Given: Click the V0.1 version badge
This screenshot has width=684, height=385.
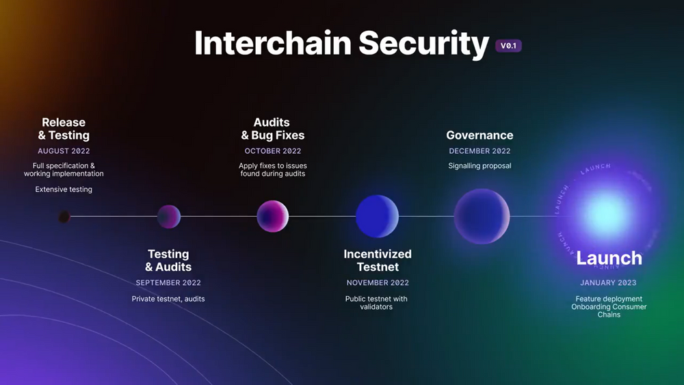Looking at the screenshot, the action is tap(508, 46).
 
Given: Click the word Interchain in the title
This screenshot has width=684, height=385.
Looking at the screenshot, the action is tap(273, 43).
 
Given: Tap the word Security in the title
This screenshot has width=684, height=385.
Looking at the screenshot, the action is tap(423, 44).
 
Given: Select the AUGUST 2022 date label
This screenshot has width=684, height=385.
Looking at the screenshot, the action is tap(64, 151).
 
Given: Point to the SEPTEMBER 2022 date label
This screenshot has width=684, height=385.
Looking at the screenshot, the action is tap(168, 282).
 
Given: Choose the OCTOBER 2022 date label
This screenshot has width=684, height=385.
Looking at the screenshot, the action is tap(273, 151).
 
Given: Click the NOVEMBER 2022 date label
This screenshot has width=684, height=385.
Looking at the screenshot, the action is tap(378, 282).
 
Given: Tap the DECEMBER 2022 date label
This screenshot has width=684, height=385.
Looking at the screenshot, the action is tap(480, 151).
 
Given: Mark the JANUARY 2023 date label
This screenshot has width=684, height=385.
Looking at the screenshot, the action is tap(608, 282).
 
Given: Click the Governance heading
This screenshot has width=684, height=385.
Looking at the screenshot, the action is tap(480, 135).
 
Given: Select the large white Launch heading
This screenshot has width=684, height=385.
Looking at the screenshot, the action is tap(609, 258).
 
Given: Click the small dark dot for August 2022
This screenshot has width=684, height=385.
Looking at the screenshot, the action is tap(64, 216).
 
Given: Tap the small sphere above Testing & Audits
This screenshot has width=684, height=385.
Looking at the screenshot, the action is tap(169, 216).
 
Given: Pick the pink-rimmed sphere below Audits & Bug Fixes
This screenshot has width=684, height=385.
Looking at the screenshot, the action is tap(273, 216).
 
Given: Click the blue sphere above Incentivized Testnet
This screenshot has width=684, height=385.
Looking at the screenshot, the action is tap(378, 216).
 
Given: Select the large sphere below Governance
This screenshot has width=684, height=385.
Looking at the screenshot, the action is tap(482, 216).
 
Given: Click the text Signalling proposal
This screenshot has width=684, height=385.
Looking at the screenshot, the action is tap(480, 165).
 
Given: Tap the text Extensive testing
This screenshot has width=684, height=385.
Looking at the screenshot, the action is tap(64, 189).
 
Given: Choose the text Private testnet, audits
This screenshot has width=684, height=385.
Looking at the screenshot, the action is tap(168, 299).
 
